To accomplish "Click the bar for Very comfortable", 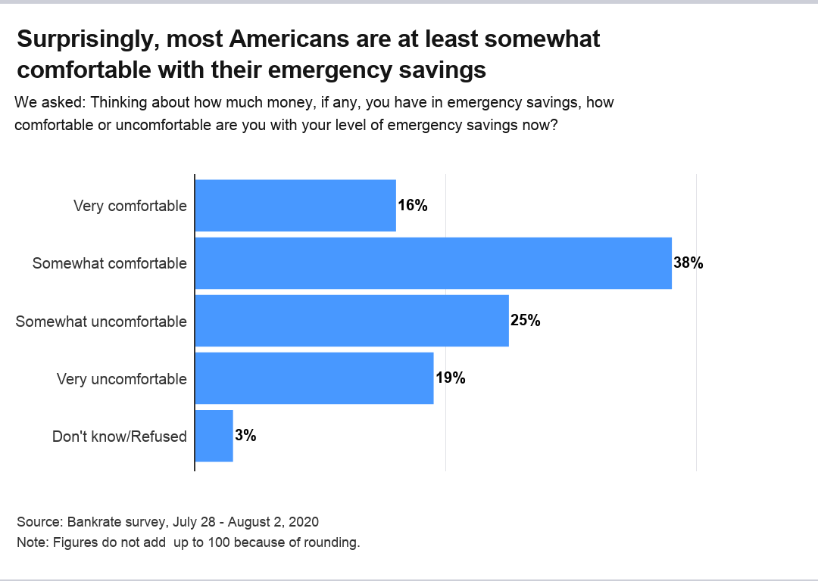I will coord(295,206).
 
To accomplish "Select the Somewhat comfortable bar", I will coord(433,263).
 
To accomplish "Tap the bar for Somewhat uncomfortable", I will coord(352,321).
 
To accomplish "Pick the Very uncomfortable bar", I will coord(314,378).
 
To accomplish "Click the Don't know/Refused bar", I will coord(214,436).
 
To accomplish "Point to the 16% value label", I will coord(413,206).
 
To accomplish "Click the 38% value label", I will coord(688,263).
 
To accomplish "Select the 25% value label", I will coord(526,321).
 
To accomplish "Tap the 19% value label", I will coord(451,378).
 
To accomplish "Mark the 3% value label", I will coord(246,436).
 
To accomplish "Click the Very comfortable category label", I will coord(130,206).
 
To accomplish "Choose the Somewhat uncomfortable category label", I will coord(101,322).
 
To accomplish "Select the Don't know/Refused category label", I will coord(119,437).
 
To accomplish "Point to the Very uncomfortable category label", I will coord(121,379).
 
